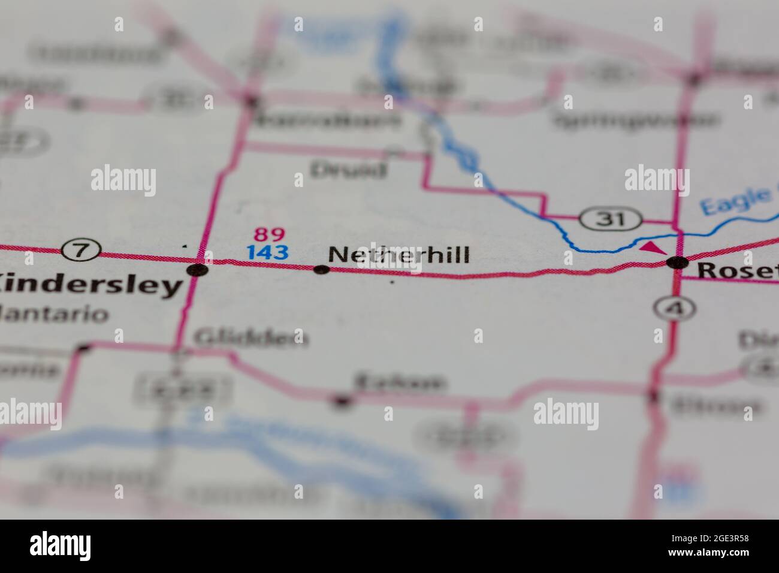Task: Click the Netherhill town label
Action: [398, 255]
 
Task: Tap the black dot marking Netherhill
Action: [322, 270]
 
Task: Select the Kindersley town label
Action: [90, 286]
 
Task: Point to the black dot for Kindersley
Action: [197, 270]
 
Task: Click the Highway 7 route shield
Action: [82, 250]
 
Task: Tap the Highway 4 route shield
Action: [674, 308]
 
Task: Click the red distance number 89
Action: [269, 234]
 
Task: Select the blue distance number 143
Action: [267, 252]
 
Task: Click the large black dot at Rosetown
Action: [678, 262]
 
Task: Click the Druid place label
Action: [348, 170]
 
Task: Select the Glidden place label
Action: [250, 338]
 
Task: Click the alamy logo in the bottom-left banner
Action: [61, 545]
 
